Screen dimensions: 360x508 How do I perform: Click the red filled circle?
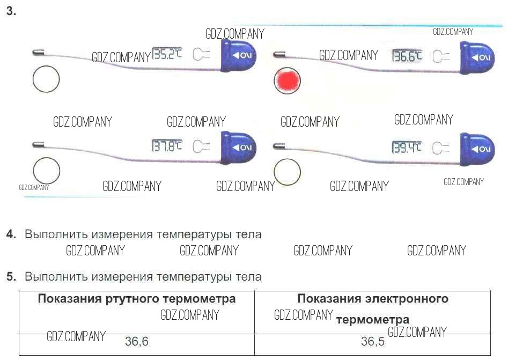[287, 80]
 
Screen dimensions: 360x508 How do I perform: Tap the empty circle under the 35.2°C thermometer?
[46, 80]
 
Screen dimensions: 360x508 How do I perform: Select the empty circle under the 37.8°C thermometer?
[46, 171]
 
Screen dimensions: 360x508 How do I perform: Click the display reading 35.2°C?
[167, 54]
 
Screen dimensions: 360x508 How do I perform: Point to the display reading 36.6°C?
[407, 56]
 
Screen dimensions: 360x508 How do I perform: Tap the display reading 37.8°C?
[167, 145]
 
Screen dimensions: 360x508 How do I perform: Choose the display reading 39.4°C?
[407, 147]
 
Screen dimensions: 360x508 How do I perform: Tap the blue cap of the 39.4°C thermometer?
[478, 148]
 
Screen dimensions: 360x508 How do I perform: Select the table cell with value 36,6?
[137, 341]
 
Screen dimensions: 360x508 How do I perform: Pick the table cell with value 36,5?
[372, 341]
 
